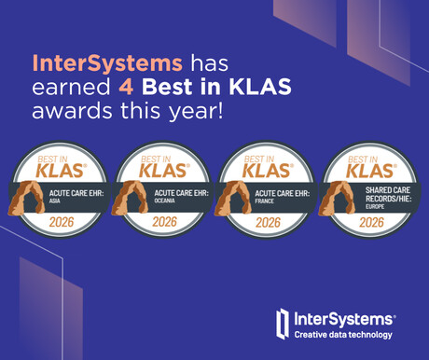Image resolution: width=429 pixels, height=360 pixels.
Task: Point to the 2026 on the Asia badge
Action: click(61, 222)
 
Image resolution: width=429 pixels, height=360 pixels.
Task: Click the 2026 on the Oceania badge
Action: click(164, 222)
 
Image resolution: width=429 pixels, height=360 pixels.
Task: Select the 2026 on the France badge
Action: click(269, 222)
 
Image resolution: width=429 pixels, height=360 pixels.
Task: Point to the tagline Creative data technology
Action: click(343, 335)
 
